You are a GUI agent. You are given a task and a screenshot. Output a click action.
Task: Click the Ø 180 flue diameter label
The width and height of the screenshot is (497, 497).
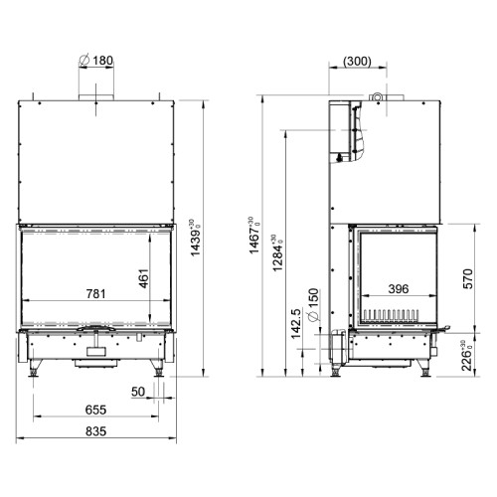pos(96,61)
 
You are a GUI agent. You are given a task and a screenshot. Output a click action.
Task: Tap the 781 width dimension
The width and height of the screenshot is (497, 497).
pos(95,293)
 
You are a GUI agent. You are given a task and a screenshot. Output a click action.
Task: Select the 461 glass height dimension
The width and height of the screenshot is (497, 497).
pos(144,278)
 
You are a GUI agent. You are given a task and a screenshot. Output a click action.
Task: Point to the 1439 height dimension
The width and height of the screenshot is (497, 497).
pos(196,238)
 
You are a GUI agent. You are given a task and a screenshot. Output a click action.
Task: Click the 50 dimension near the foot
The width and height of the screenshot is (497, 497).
pos(138,392)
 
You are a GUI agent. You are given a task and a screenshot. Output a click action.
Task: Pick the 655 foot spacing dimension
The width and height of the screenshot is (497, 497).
pos(95,410)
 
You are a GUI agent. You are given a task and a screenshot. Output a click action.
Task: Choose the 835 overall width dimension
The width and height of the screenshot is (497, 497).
pos(95,431)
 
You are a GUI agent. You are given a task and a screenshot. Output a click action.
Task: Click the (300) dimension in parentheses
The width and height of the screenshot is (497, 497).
pos(358,62)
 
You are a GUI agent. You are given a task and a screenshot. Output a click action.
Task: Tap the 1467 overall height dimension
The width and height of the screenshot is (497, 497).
pos(254,236)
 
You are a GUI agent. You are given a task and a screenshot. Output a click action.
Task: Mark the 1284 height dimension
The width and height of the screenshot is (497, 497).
pos(277,252)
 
